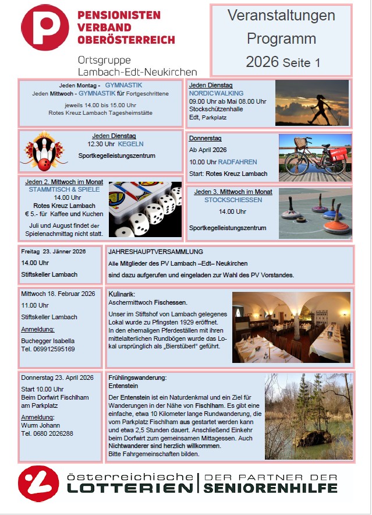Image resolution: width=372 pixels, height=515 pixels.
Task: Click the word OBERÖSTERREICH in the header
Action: pos(126,40)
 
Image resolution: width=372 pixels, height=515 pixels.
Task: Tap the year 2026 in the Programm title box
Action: pos(262,62)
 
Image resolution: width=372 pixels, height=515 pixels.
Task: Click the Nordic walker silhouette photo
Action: pos(312,103)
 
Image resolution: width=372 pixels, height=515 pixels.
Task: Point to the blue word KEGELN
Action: pos(131,144)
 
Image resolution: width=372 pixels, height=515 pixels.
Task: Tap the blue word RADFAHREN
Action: pos(238,162)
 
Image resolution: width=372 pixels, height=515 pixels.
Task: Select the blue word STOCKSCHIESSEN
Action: pos(233,200)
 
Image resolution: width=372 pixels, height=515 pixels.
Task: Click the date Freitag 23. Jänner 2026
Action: pos(54,252)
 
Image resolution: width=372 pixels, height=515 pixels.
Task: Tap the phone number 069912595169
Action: pos(48,349)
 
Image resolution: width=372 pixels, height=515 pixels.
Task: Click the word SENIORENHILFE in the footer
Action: pos(271,488)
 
